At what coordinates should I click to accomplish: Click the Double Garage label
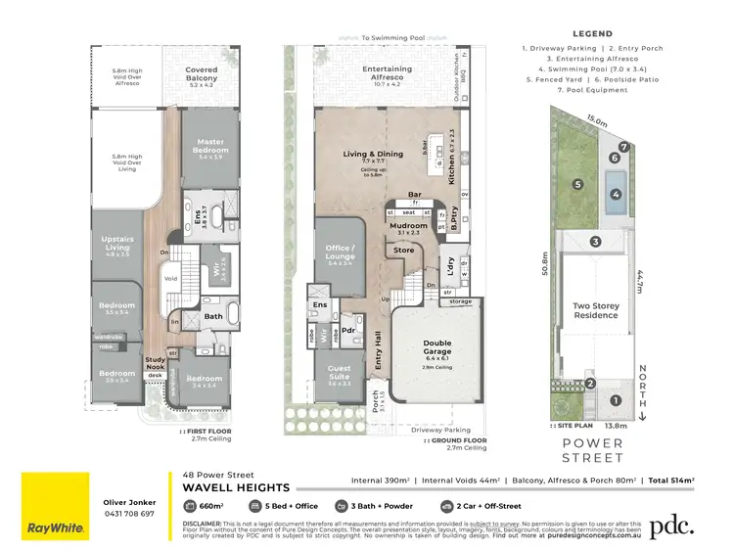click(437, 347)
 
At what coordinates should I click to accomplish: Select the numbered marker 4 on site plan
click(616, 194)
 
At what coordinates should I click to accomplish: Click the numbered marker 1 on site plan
click(616, 399)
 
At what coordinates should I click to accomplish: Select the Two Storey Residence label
click(595, 311)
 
